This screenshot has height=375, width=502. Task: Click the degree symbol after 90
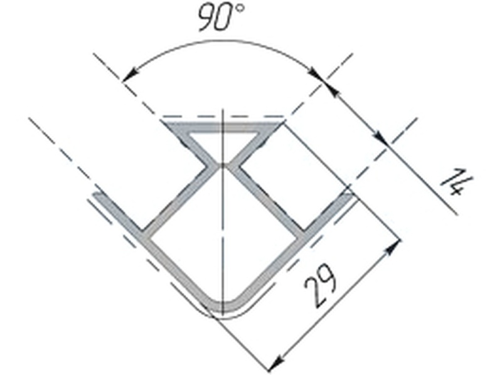[240, 8]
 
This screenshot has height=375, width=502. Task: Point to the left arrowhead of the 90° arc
[129, 76]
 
